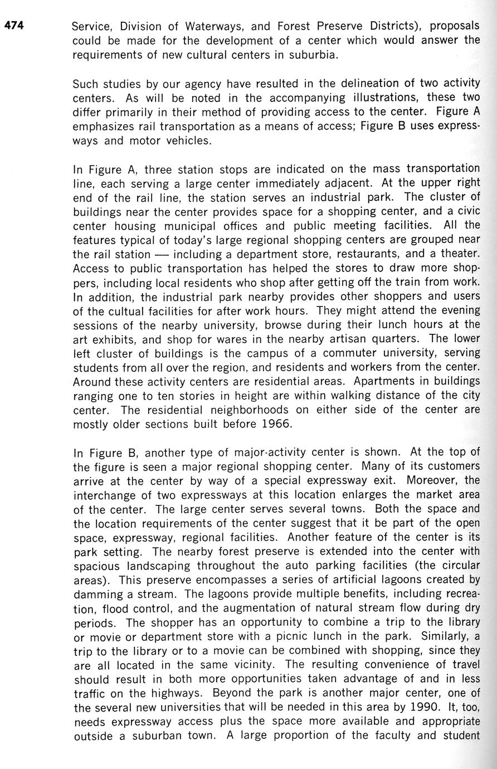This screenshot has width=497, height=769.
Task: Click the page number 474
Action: (x=14, y=25)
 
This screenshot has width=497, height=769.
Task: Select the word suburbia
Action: (x=314, y=55)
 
